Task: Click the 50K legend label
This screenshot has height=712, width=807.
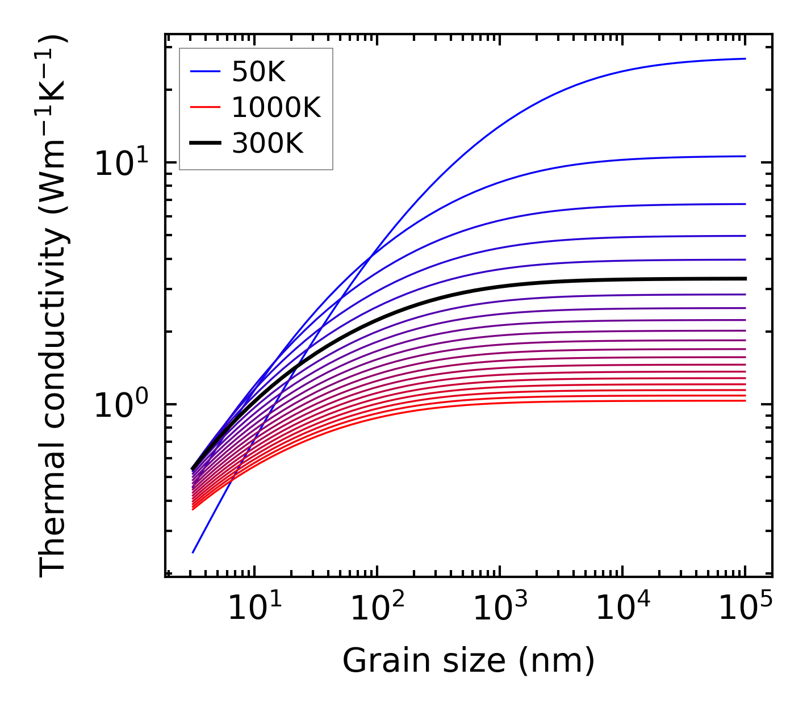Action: (258, 72)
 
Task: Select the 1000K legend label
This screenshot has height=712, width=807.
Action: (276, 107)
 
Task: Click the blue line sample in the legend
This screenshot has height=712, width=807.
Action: (204, 72)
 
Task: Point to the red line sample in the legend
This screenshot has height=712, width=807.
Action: (204, 107)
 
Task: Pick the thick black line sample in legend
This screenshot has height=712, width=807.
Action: (204, 143)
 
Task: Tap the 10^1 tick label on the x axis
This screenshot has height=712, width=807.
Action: (254, 609)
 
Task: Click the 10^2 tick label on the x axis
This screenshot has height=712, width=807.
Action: (377, 609)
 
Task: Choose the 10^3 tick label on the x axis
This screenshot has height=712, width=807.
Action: (499, 609)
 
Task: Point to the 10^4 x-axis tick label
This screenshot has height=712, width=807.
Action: (622, 609)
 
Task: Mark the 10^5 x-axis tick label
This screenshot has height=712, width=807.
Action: (745, 609)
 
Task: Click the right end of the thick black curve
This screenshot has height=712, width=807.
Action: (745, 279)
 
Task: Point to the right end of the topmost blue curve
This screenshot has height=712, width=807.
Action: (745, 58)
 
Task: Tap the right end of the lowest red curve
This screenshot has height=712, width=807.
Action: (745, 401)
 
